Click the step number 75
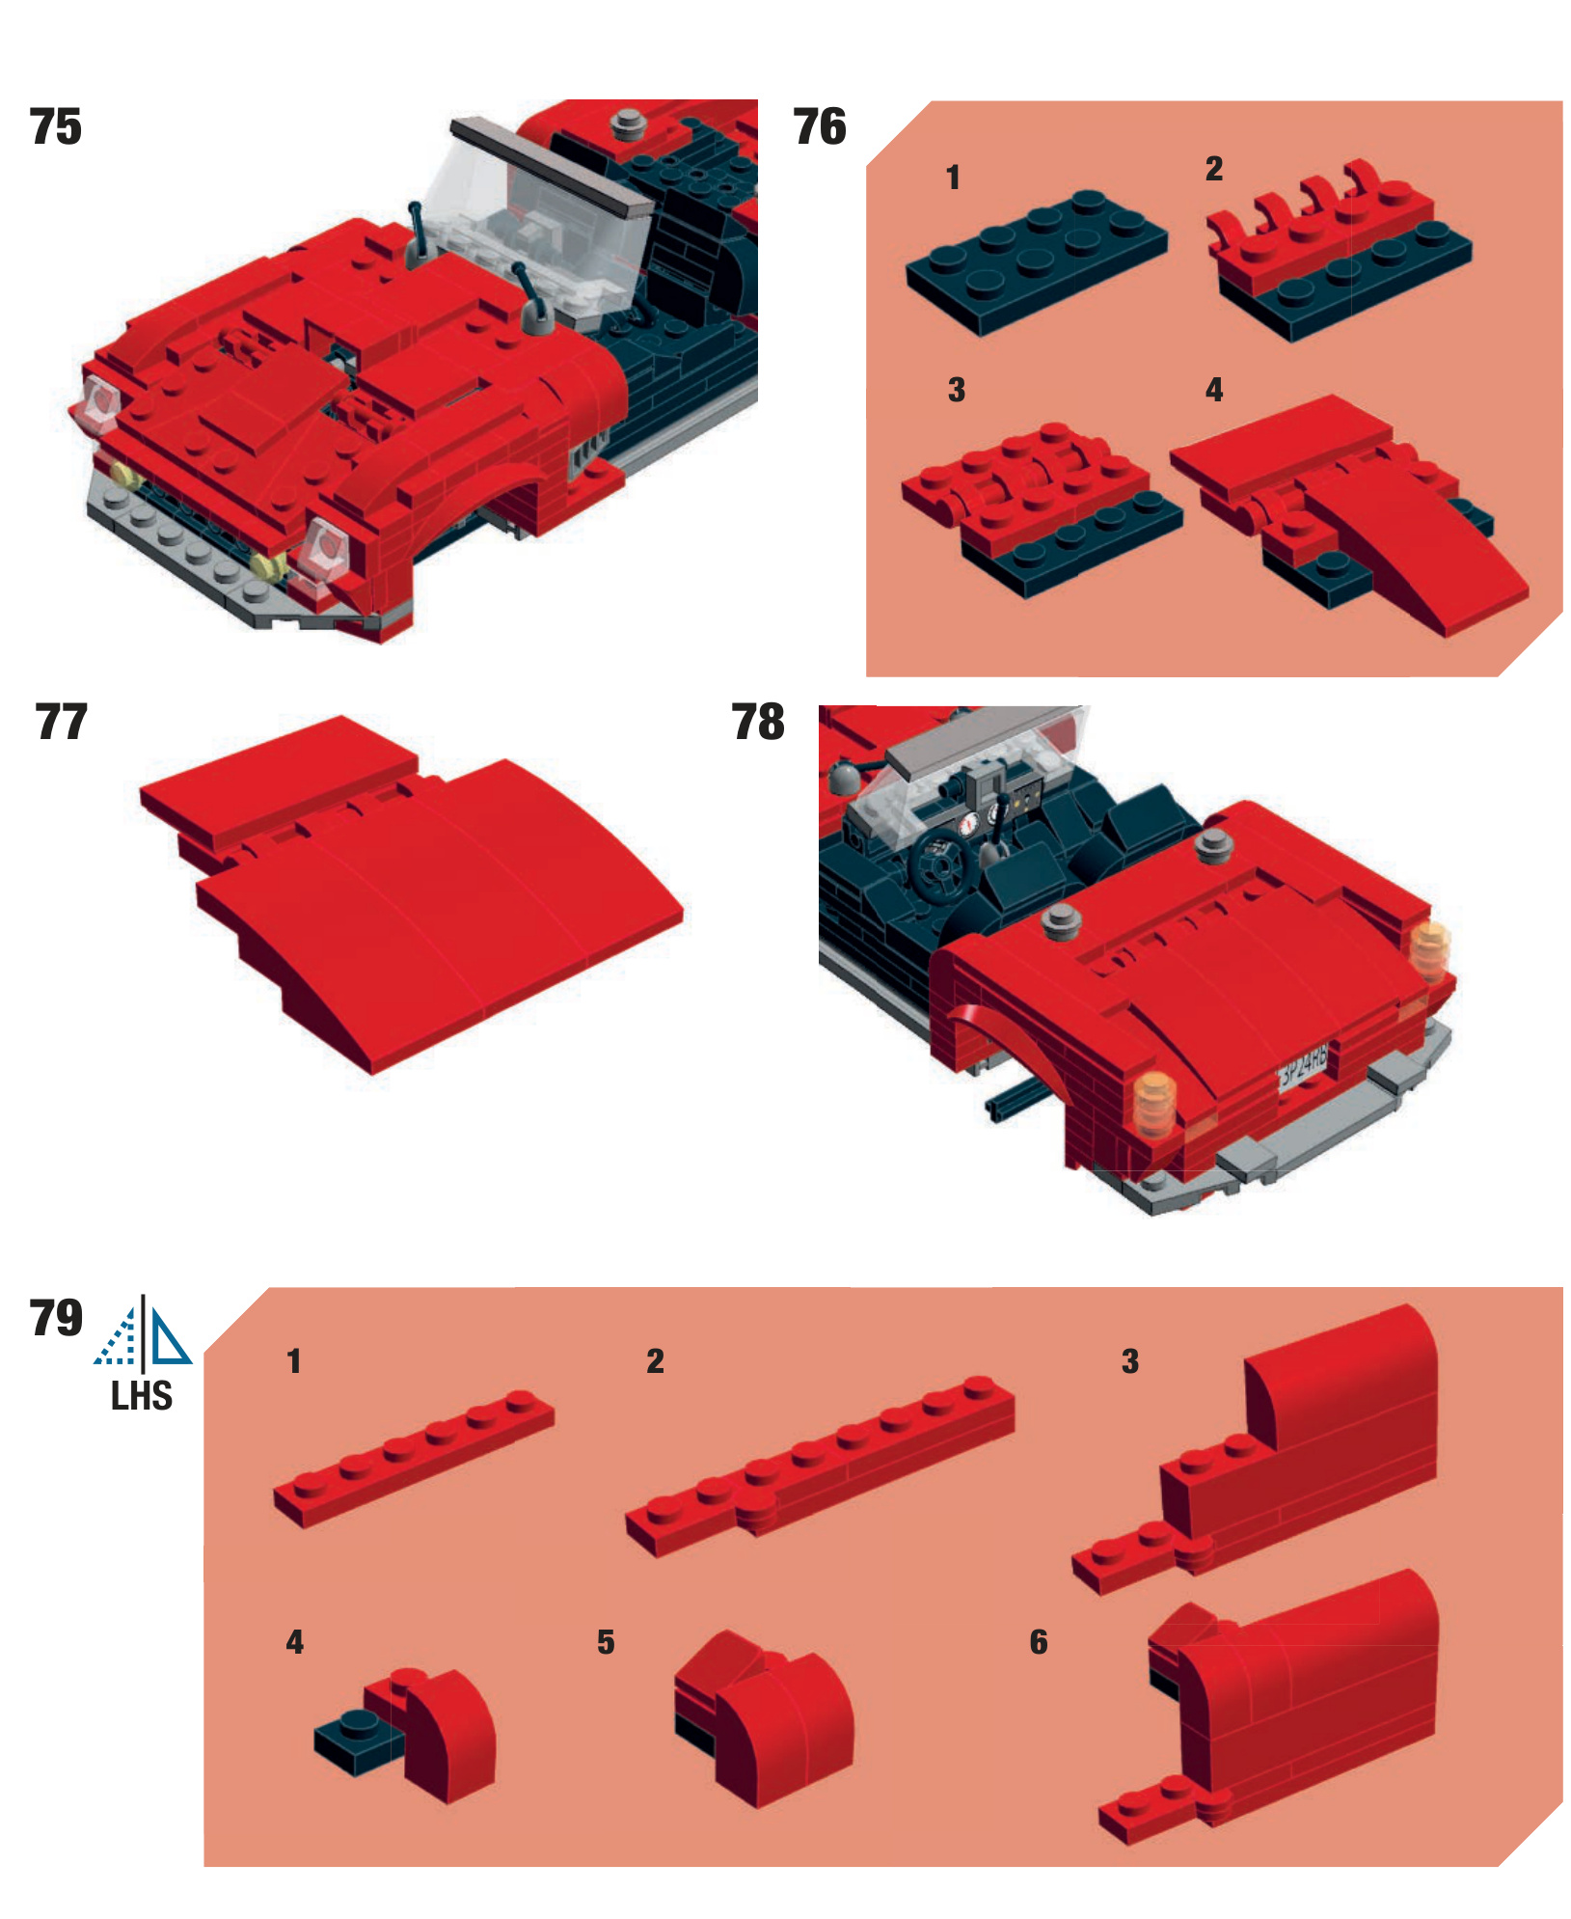(56, 127)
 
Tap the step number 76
(820, 127)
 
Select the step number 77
(61, 723)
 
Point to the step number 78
(758, 723)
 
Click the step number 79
(56, 1318)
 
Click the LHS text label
(142, 1396)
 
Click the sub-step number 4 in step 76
(1214, 390)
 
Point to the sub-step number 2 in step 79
(655, 1361)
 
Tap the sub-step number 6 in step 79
(1038, 1642)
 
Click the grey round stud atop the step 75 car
(629, 124)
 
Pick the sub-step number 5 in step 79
(606, 1642)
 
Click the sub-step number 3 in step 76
(956, 390)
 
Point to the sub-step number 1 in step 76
(953, 178)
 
